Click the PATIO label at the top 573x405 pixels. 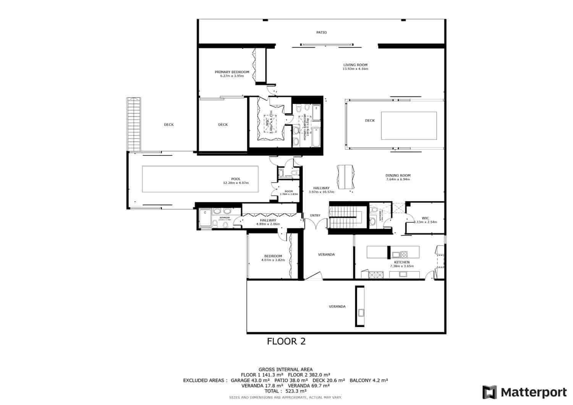click(x=321, y=32)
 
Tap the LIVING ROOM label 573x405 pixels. click(x=355, y=65)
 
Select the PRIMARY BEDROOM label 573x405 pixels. click(x=232, y=72)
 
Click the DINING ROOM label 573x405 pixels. click(x=398, y=176)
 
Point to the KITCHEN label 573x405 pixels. click(x=402, y=262)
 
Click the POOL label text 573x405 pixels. click(x=236, y=179)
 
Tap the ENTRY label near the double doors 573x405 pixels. click(x=315, y=216)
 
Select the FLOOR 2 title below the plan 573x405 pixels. click(x=286, y=341)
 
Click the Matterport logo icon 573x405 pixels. click(x=489, y=392)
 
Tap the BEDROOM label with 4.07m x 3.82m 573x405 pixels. click(x=273, y=256)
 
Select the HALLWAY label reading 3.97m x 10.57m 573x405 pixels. click(x=321, y=188)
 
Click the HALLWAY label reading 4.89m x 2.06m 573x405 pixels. click(x=268, y=220)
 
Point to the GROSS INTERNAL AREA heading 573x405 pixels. click(x=285, y=369)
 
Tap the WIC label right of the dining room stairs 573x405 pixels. click(x=426, y=218)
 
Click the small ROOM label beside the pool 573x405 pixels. click(x=289, y=191)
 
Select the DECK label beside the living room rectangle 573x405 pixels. click(x=370, y=121)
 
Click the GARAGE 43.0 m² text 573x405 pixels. click(x=251, y=380)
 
